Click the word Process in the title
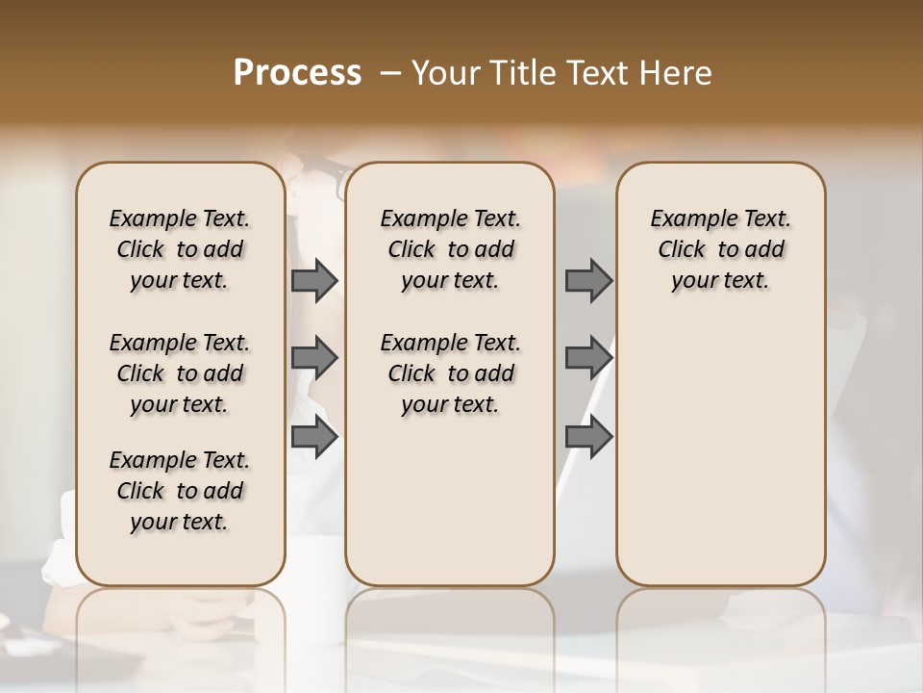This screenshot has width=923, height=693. [297, 73]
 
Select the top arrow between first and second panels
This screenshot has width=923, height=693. [314, 280]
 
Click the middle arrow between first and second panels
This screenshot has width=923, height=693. [314, 359]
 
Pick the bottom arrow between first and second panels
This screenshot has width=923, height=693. [314, 438]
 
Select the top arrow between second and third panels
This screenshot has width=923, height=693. [588, 280]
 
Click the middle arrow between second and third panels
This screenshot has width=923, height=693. [588, 359]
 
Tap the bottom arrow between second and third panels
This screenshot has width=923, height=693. [588, 438]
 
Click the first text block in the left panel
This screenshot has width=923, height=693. [180, 249]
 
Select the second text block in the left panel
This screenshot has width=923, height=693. [180, 373]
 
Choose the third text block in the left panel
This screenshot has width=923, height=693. [180, 491]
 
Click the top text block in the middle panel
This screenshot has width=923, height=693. [450, 249]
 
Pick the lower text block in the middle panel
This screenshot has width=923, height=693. [450, 373]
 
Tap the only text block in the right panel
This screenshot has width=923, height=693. [720, 249]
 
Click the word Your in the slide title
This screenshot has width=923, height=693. [446, 73]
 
